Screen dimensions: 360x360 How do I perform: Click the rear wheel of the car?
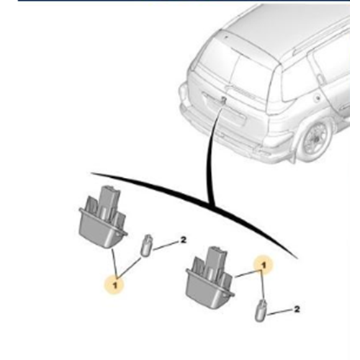coord(315,140)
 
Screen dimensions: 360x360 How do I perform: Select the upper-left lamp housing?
coord(103,218)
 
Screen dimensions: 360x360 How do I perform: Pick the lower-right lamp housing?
coord(210,279)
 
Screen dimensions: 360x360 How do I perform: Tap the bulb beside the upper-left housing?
coord(146,246)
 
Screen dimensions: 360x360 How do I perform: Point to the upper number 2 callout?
coord(183,240)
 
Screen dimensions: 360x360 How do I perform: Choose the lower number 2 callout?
coord(297,309)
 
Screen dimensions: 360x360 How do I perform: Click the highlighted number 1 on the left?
coord(115,285)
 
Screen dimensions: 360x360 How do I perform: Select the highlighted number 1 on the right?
coord(264,265)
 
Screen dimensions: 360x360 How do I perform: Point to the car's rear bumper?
coord(230,135)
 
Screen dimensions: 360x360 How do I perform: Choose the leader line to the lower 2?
coord(280,312)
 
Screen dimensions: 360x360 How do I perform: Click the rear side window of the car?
coord(297,81)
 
